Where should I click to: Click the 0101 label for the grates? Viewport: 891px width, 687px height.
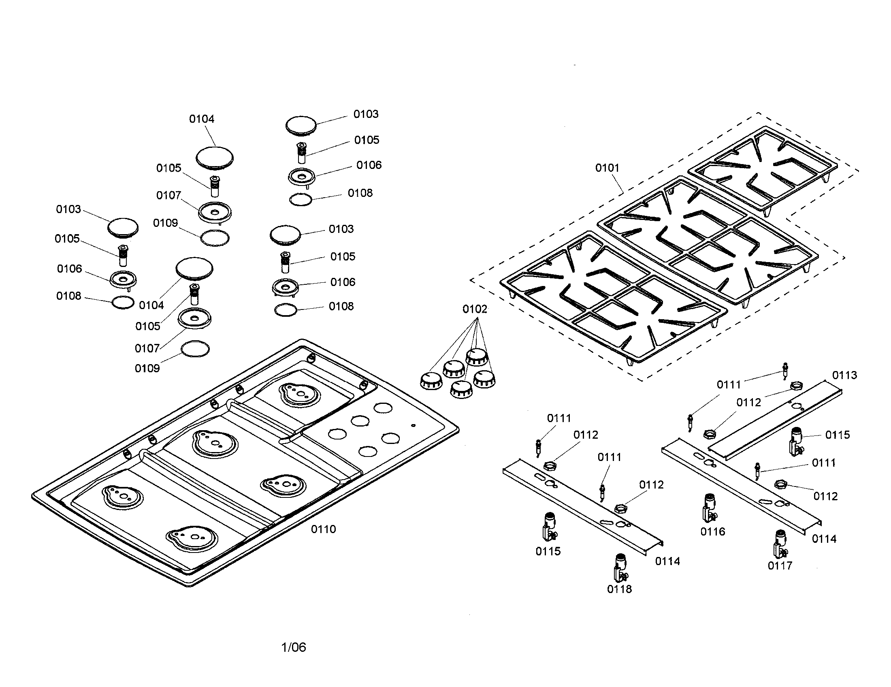[x=607, y=168]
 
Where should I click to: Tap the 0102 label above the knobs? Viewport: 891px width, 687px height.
[x=475, y=309]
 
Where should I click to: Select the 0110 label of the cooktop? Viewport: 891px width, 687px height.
[x=323, y=529]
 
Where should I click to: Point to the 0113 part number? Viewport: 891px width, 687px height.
[x=844, y=375]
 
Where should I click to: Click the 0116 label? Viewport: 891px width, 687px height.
[x=713, y=531]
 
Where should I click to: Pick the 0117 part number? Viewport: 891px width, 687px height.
[x=780, y=565]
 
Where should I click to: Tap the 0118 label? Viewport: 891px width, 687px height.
[x=619, y=589]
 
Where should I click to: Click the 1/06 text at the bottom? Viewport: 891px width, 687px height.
[x=294, y=647]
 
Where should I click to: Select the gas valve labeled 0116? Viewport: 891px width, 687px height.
[x=710, y=508]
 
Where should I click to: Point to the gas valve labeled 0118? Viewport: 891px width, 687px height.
[x=620, y=568]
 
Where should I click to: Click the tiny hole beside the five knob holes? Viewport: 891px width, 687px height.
[x=414, y=425]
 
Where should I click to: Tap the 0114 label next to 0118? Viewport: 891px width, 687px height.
[x=667, y=561]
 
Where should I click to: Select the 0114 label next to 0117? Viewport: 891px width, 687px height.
[x=824, y=539]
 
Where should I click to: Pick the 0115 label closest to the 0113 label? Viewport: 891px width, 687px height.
[x=838, y=435]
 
